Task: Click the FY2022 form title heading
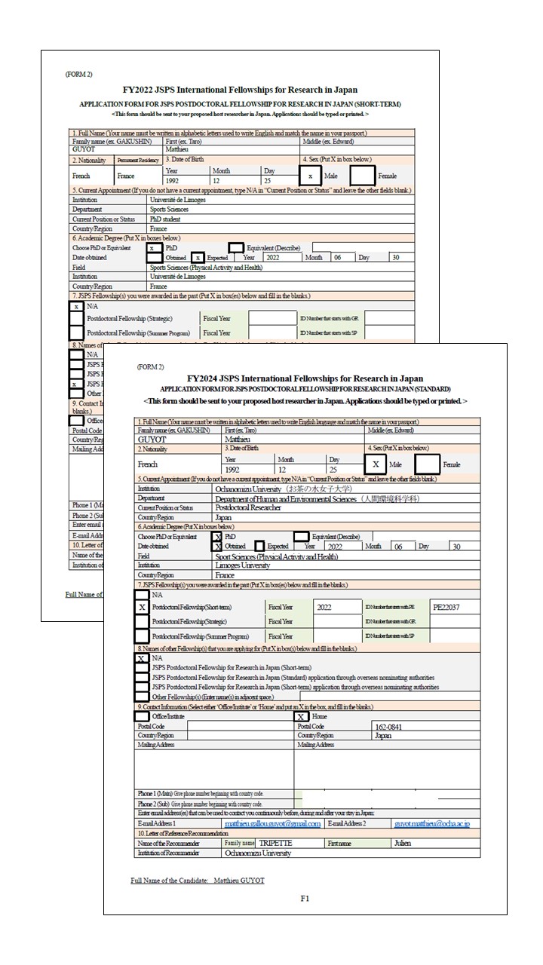(240, 90)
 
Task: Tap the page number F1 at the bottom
(305, 898)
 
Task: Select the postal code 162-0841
(389, 727)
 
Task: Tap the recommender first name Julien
(403, 843)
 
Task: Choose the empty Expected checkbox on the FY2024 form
(259, 546)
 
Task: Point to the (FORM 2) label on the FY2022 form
(78, 75)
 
